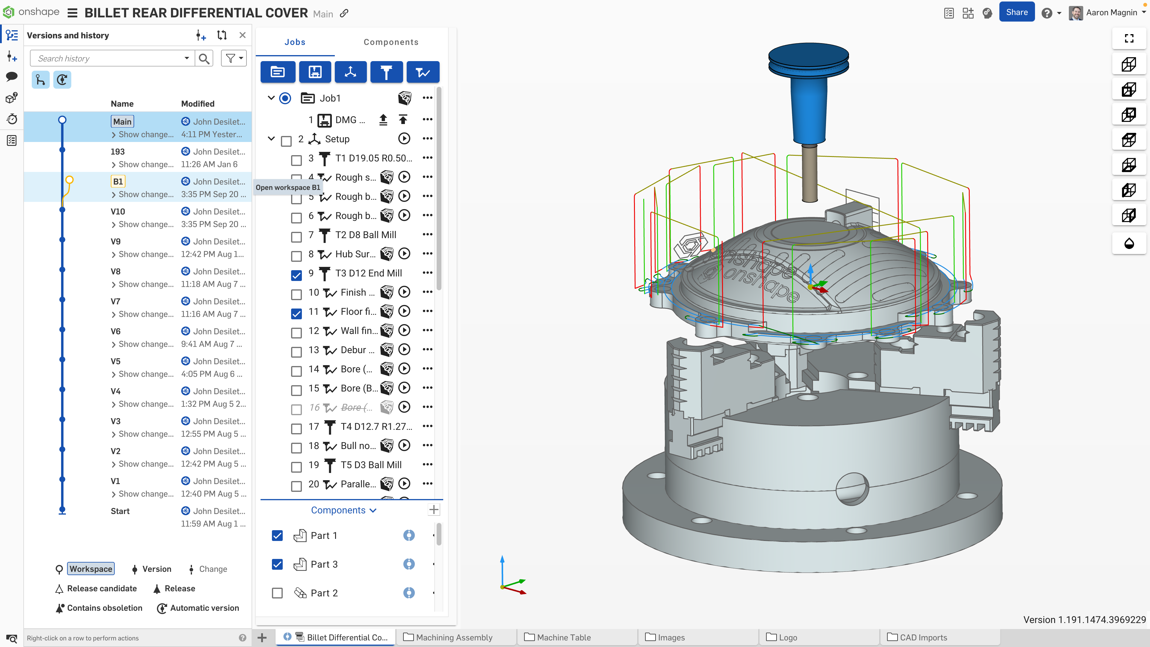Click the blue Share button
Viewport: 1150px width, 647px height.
[1016, 13]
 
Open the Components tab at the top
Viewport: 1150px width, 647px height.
[391, 42]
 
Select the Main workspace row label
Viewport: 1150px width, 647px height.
[122, 121]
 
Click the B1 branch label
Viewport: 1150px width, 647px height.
[118, 181]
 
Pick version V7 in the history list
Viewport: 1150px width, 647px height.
[115, 301]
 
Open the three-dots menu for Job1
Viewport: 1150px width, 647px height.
[427, 98]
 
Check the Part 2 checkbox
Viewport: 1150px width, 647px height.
[277, 593]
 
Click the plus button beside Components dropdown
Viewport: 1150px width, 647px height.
[433, 510]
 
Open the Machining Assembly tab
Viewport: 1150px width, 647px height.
[454, 637]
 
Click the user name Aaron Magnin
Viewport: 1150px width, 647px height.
[1111, 13]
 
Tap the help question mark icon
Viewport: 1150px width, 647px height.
[1046, 13]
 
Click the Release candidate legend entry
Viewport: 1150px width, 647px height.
[102, 589]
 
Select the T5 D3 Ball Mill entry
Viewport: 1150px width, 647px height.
[370, 465]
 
